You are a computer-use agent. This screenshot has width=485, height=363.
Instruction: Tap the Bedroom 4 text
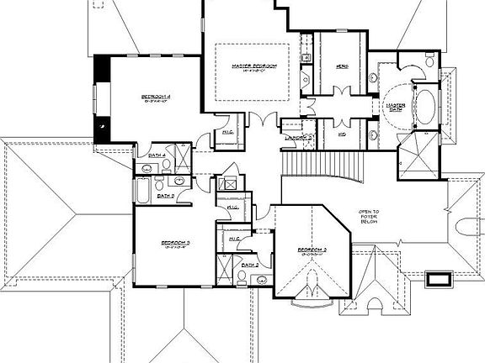156,97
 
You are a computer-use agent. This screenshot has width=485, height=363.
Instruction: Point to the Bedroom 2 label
312,250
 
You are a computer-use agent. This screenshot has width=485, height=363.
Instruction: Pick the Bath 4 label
157,155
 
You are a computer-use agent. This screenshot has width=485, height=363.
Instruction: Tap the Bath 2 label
248,265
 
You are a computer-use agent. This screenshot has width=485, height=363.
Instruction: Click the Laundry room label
299,136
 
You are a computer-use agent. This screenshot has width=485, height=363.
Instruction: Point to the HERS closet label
342,66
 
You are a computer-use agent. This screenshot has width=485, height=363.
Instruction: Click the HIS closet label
342,134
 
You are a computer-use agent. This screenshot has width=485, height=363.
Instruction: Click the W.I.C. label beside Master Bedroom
227,132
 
